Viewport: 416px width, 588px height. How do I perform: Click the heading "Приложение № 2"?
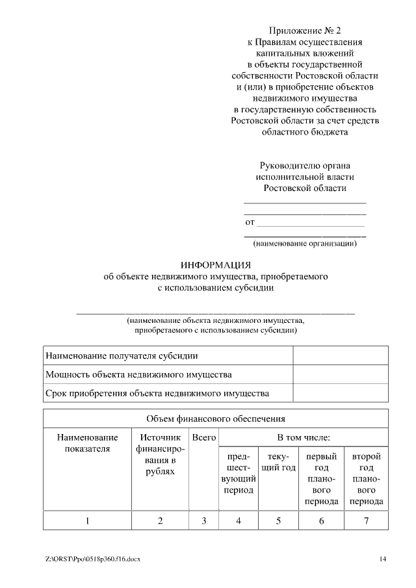[x=305, y=31]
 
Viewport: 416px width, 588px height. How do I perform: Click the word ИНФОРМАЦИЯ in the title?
[x=215, y=264]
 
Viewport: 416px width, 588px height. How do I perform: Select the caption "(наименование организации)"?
[x=305, y=244]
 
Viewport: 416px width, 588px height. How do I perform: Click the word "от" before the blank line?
[x=250, y=223]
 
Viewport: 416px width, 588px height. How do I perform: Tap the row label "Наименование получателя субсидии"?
[x=122, y=356]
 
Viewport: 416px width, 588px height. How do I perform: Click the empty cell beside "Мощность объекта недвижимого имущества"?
[x=341, y=375]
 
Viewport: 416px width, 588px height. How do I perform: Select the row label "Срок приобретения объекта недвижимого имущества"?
[x=157, y=394]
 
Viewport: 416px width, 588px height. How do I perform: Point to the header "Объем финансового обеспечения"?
[x=216, y=419]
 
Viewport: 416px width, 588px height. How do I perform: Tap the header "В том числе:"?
[x=304, y=438]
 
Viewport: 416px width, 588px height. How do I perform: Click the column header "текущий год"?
[x=278, y=462]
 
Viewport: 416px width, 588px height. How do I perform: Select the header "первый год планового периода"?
[x=321, y=479]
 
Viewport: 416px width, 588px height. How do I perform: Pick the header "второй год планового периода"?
[x=366, y=479]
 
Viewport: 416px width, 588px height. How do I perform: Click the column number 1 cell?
[x=87, y=520]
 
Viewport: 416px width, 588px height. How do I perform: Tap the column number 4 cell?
[x=238, y=520]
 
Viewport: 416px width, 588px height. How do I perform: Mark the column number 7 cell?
[x=366, y=520]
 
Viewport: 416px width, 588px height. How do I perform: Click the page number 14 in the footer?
[x=383, y=559]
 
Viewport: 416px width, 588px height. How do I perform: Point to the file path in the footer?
[x=92, y=559]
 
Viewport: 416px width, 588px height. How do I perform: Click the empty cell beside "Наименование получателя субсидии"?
[x=341, y=356]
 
